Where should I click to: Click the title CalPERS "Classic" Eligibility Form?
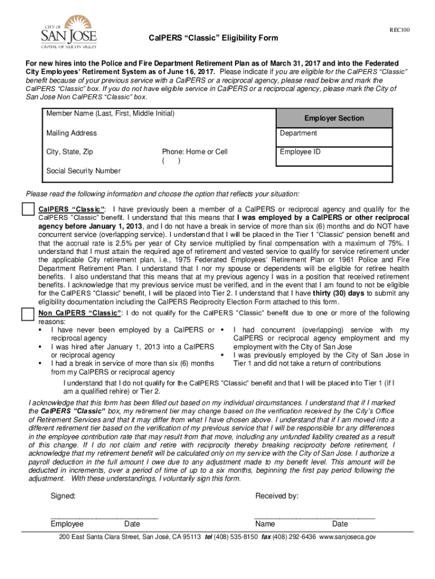point(210,38)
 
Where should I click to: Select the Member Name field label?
point(110,114)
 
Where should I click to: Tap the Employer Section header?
point(334,118)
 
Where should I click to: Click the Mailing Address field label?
point(71,133)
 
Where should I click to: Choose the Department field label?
point(298,133)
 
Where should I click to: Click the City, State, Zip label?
point(69,152)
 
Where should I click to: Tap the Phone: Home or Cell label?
point(194,152)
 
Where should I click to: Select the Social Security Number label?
point(83,171)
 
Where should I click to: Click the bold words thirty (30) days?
point(334,293)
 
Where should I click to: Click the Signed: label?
point(63,496)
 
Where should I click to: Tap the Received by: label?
point(277,496)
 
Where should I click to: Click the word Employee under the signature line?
point(67,524)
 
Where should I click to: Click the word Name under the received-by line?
point(265,524)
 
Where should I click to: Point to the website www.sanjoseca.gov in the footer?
point(347,537)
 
